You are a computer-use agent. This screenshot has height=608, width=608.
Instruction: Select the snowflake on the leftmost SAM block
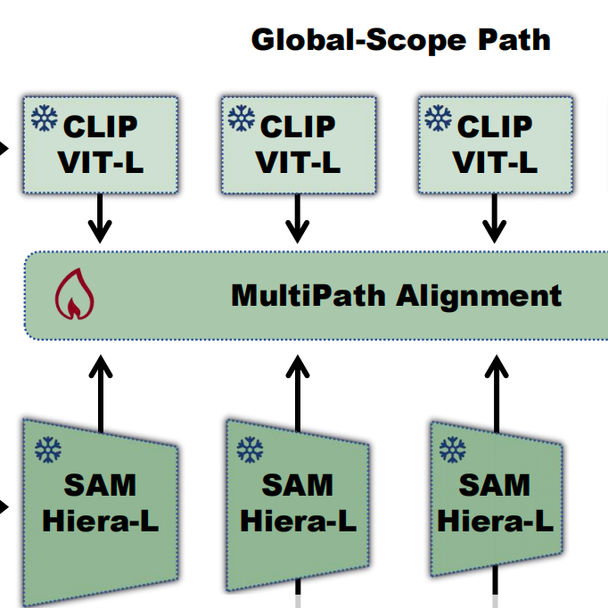click(47, 449)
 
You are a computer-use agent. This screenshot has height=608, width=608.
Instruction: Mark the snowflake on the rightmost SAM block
click(456, 448)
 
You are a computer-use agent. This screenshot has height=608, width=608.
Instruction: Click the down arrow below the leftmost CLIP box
click(101, 218)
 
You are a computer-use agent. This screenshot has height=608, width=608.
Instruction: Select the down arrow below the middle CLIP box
click(298, 218)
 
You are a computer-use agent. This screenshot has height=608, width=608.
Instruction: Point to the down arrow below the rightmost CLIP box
click(494, 218)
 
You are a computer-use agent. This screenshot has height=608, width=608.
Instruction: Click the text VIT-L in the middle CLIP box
click(298, 162)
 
